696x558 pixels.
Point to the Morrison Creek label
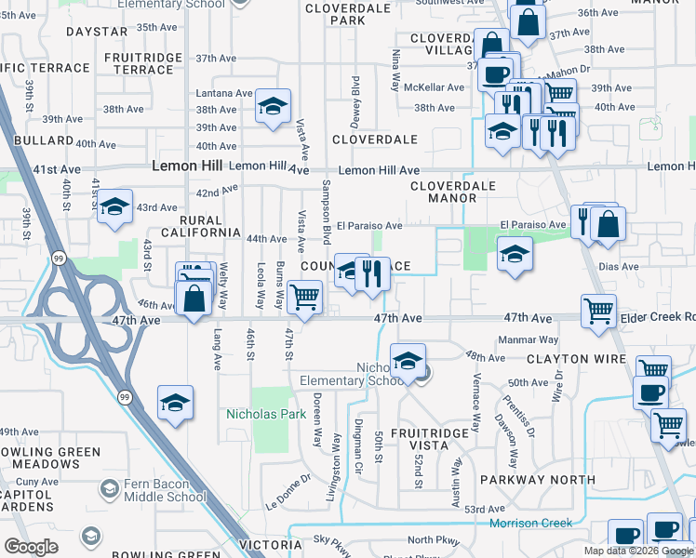point(531,523)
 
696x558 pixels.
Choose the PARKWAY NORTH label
point(537,480)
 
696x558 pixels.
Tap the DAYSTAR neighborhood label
point(96,32)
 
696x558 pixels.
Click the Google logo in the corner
point(32,547)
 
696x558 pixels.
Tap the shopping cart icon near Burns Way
point(304,298)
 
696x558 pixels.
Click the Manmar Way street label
point(529,340)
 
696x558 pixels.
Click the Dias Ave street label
point(620,266)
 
